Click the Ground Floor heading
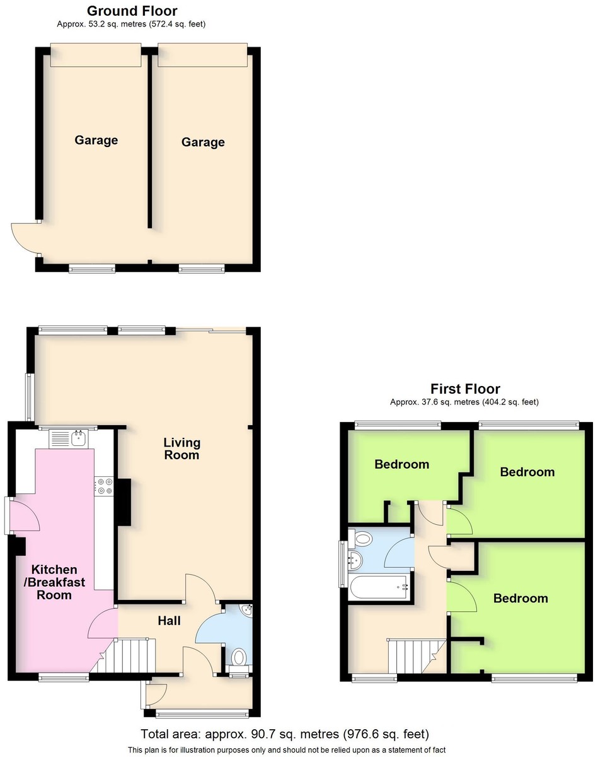click(132, 11)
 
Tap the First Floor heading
click(465, 389)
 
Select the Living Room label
click(182, 449)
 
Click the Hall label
click(169, 621)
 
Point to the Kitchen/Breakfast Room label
click(54, 582)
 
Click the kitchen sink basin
click(79, 438)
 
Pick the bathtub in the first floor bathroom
click(379, 587)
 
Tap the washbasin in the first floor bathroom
click(355, 559)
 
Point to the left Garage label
click(96, 140)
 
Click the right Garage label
click(203, 142)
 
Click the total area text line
click(285, 734)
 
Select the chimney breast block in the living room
click(124, 502)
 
